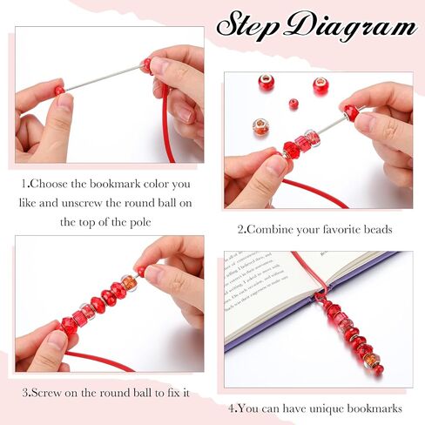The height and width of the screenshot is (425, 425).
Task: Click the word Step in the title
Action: (246, 24)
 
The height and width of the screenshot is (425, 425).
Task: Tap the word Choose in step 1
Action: (48, 184)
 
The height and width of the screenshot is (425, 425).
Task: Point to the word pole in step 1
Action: (139, 223)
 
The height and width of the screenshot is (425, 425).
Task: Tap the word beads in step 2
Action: (377, 230)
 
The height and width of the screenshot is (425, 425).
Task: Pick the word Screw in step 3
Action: (46, 393)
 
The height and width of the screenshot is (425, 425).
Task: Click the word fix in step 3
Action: (173, 393)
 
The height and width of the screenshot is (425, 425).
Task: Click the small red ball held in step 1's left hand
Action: (59, 91)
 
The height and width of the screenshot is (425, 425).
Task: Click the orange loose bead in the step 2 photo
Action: (260, 128)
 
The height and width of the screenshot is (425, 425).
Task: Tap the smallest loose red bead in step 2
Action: (293, 104)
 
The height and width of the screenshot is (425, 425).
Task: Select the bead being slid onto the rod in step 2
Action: (352, 111)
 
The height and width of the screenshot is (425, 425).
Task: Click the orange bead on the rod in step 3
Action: (129, 282)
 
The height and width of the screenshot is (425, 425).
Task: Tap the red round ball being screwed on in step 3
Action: (140, 272)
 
